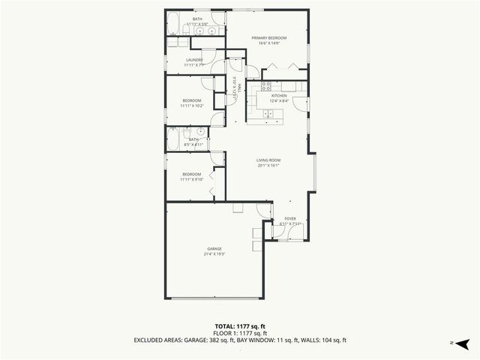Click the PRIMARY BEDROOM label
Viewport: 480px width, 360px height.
tap(269, 37)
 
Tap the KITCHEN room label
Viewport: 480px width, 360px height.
tap(279, 95)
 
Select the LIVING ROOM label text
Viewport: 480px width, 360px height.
tap(268, 160)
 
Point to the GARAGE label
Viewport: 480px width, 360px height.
tap(214, 248)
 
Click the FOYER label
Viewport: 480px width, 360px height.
tap(289, 218)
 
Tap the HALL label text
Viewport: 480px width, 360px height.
tap(238, 89)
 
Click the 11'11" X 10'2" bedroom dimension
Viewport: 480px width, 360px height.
tap(192, 106)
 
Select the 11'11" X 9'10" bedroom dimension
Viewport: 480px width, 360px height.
tap(192, 180)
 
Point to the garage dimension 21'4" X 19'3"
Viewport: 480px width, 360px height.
tap(214, 254)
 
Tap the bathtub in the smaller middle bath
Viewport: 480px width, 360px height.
tap(172, 139)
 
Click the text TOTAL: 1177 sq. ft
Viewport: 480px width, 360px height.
tap(240, 326)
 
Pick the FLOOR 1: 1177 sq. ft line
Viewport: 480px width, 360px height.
tap(240, 333)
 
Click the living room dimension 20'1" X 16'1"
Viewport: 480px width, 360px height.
tap(268, 166)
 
